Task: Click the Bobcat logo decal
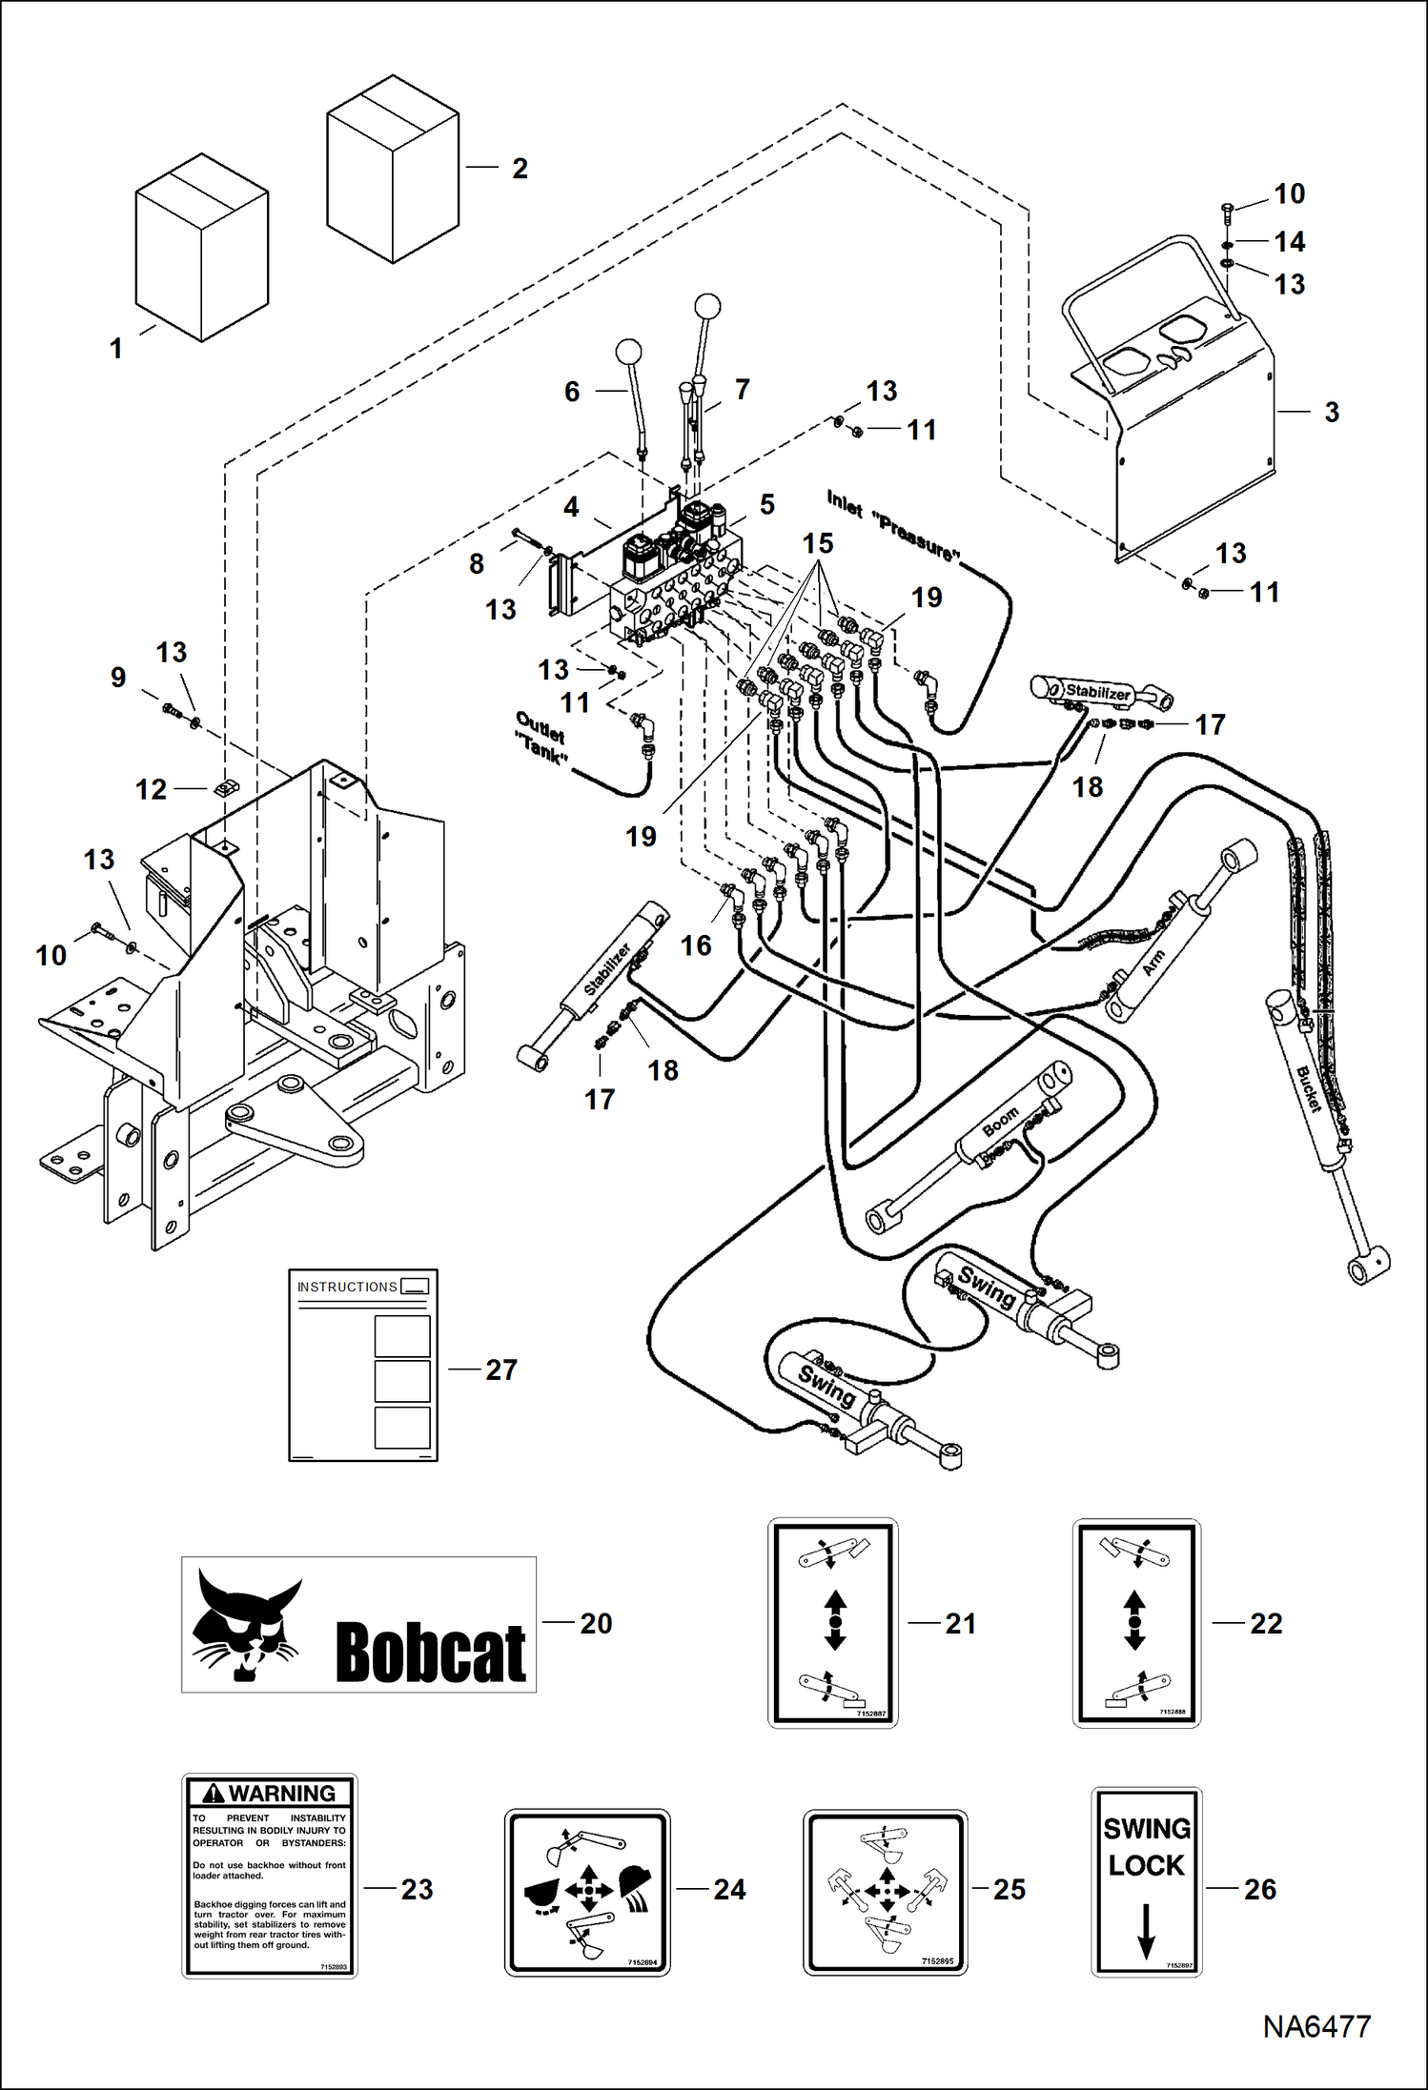(x=358, y=1625)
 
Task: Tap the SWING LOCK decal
(x=1146, y=1881)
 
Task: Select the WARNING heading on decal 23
(x=270, y=1794)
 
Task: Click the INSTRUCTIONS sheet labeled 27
(x=363, y=1365)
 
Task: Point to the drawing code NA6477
(x=1316, y=2026)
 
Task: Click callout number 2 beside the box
(x=520, y=169)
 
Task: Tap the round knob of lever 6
(x=628, y=352)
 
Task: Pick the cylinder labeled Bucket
(x=1307, y=1086)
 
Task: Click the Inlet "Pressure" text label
(x=892, y=525)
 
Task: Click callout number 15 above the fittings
(x=818, y=543)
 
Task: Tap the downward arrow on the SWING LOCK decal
(x=1147, y=1931)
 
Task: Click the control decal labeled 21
(x=833, y=1622)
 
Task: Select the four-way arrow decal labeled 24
(x=587, y=1892)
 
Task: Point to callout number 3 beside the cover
(x=1332, y=412)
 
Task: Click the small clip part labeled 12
(x=226, y=788)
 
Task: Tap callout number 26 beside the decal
(x=1259, y=1889)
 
